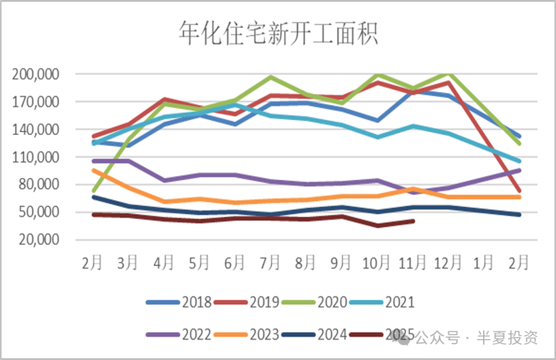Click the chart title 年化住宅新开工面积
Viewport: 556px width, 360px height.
[278, 31]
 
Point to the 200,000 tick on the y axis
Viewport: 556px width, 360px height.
[36, 74]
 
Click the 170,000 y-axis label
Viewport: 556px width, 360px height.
[36, 102]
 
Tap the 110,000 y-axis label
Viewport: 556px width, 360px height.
[36, 157]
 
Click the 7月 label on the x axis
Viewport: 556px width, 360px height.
[271, 262]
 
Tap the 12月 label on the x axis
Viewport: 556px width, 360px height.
[448, 262]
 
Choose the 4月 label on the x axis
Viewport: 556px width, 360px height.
[164, 262]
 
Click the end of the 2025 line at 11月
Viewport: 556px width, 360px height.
[413, 220]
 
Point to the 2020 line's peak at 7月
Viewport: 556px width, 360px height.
[271, 77]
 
